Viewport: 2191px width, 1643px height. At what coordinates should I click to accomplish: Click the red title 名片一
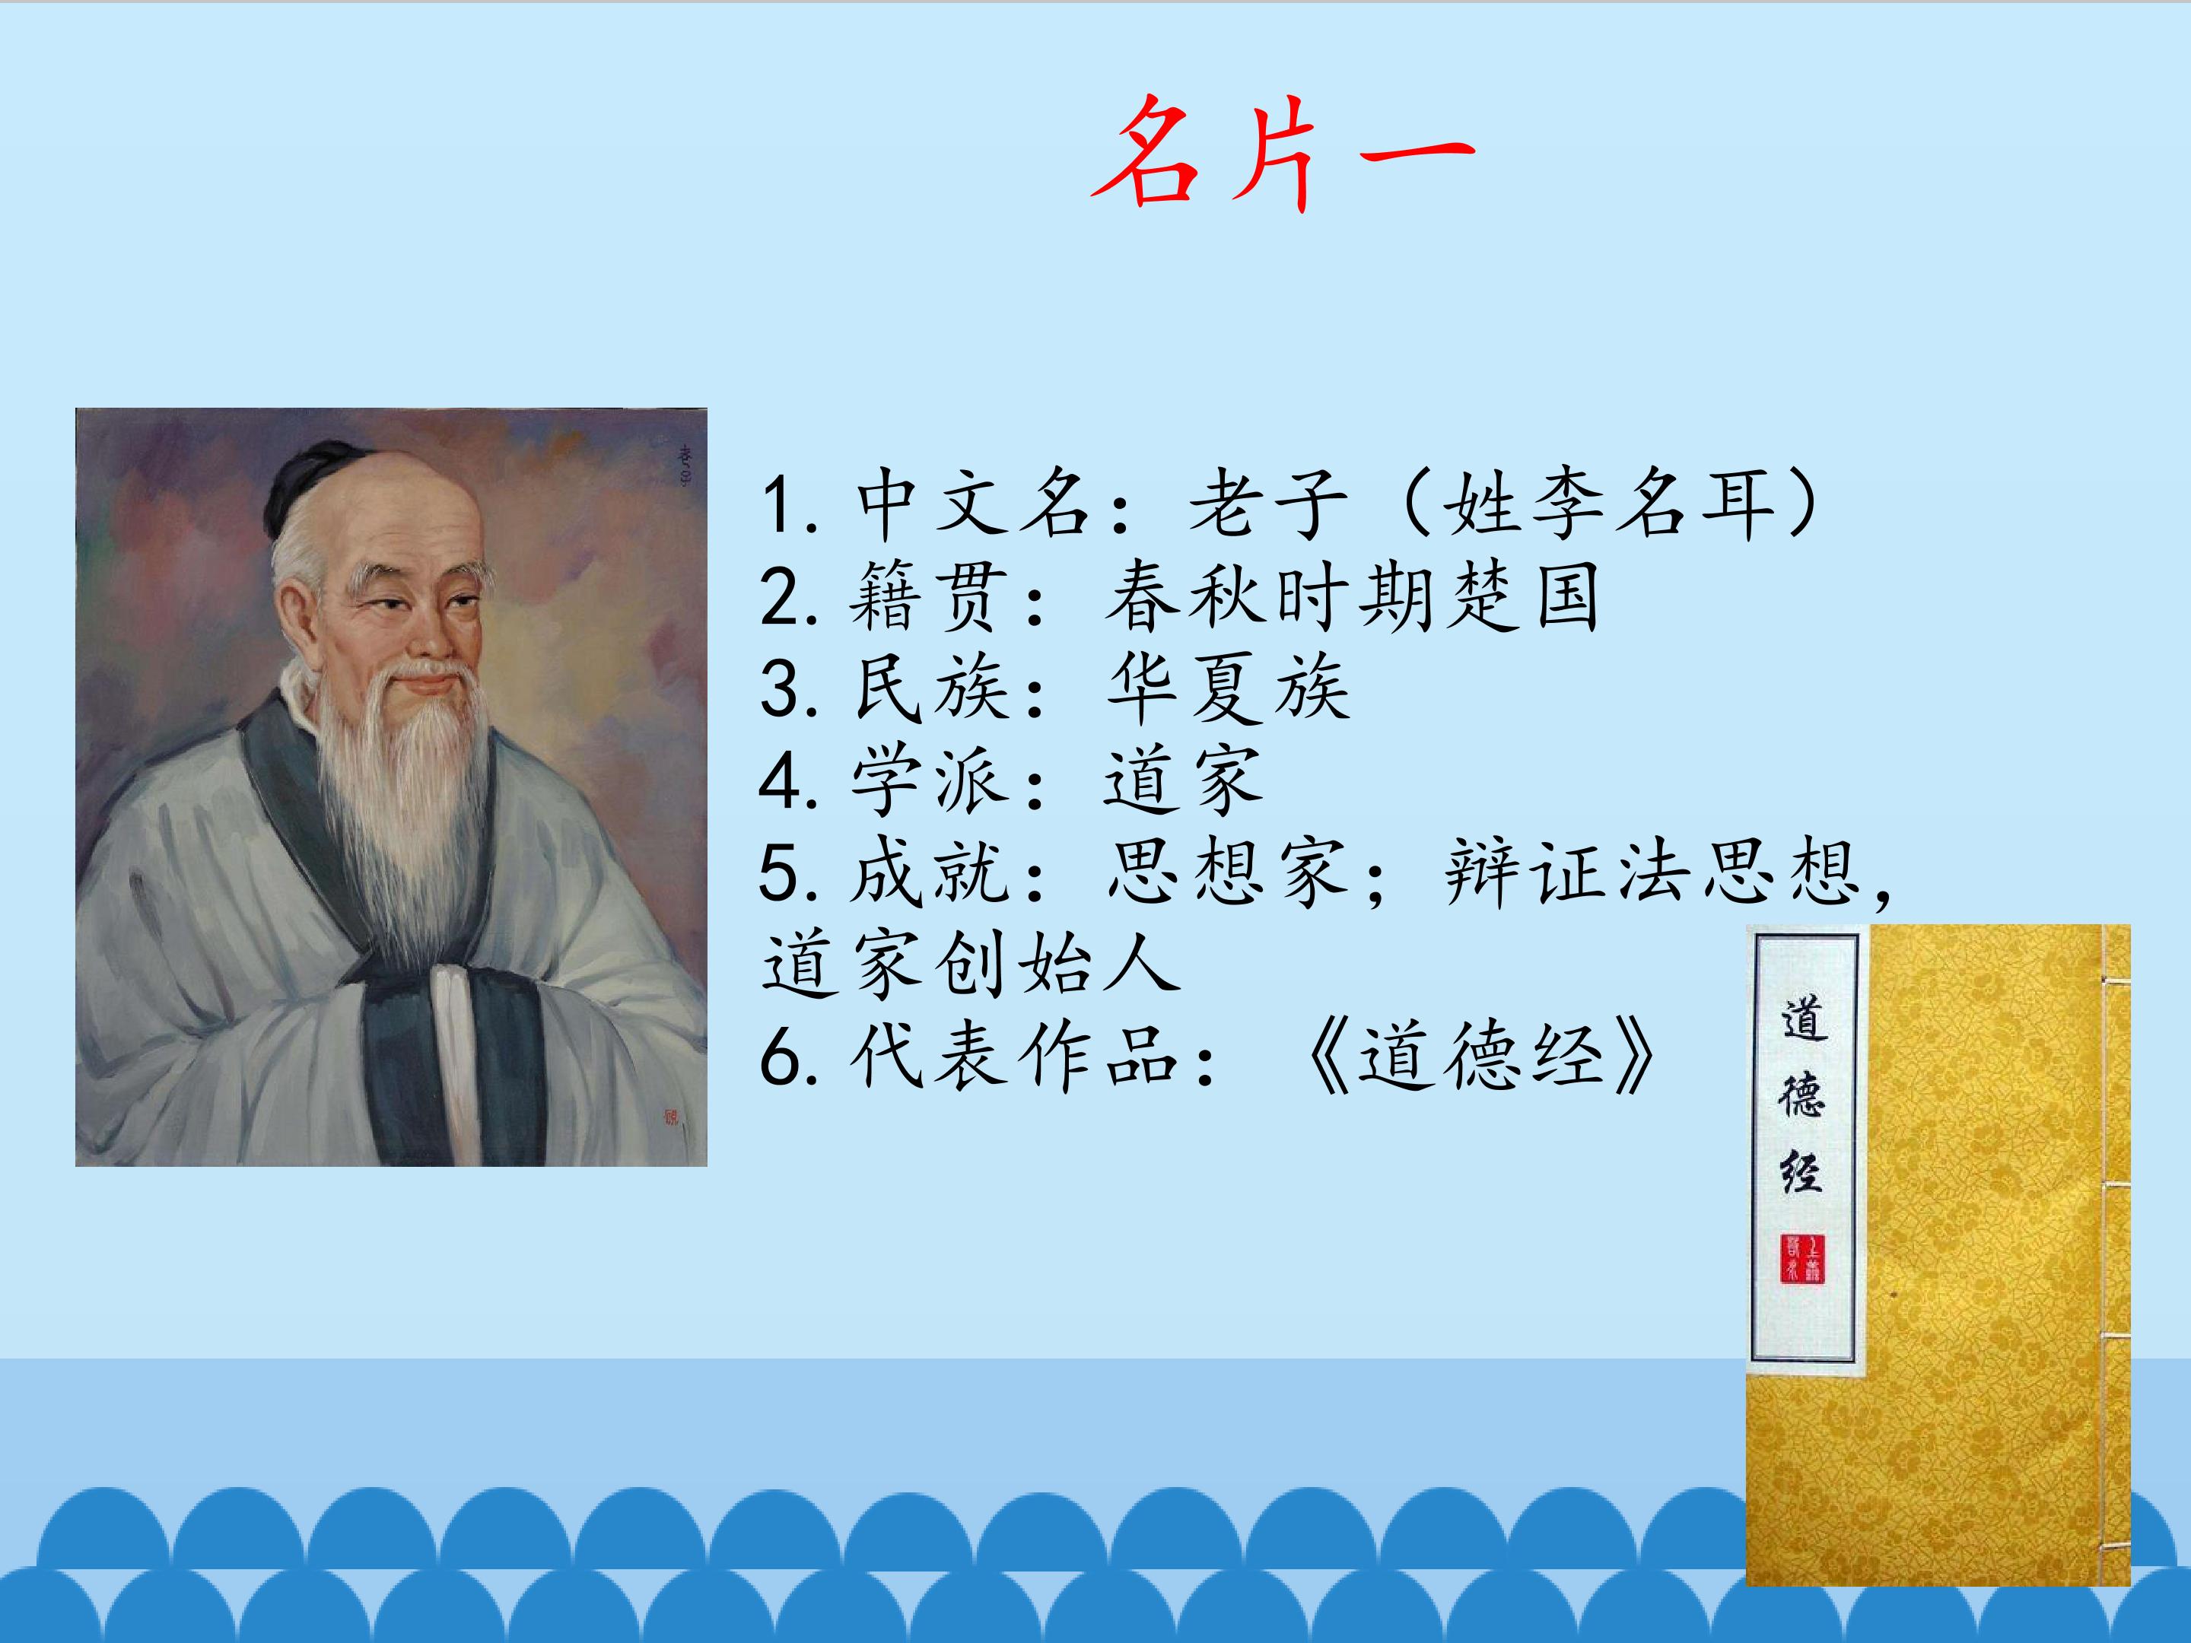[1283, 154]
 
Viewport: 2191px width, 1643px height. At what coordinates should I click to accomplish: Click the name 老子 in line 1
[1269, 504]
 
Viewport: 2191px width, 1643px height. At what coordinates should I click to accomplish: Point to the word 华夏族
[1228, 688]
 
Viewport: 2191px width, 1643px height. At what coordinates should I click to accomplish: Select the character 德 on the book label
[1801, 1096]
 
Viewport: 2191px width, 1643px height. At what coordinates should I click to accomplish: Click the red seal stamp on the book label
[1801, 1259]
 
